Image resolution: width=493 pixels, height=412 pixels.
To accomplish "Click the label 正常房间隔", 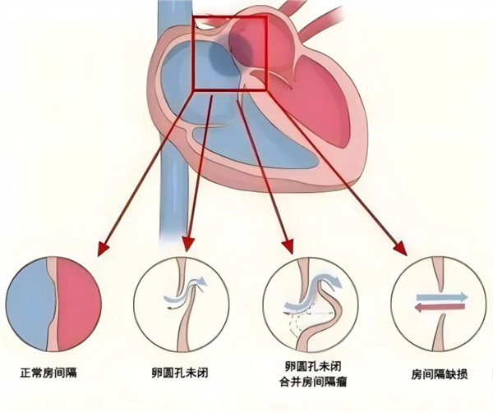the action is point(48,373).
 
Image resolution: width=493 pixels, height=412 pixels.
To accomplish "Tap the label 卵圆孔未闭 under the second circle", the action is point(179,373).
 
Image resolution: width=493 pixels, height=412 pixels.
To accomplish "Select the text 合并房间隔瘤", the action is point(313,382).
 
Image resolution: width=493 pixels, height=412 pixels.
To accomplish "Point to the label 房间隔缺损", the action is point(440,374).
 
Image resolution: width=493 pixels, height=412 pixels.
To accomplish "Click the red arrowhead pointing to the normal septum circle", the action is point(103,249).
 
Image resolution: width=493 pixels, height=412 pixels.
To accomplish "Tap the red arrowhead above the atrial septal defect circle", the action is point(400,248).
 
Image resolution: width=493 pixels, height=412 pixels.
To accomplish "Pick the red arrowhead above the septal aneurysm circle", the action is point(288,246).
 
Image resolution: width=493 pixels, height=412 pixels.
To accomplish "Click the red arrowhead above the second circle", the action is point(188,244).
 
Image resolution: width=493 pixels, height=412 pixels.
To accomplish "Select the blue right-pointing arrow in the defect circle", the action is point(442,297).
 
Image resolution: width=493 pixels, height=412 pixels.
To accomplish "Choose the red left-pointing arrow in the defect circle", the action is point(440,308).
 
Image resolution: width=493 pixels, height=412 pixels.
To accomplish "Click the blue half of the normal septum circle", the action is point(29,304).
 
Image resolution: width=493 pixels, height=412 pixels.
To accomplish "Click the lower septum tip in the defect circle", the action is point(443,314).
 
